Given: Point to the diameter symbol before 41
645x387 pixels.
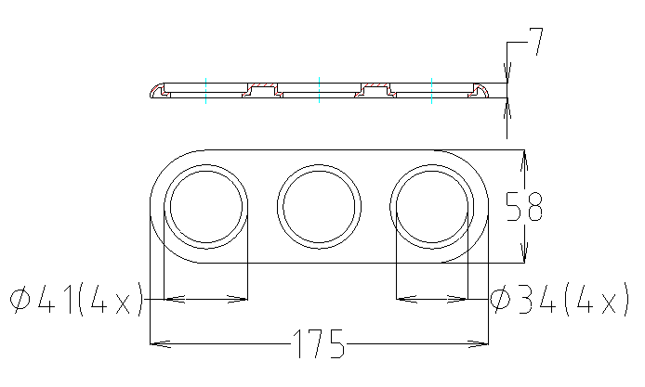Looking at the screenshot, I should (x=20, y=300).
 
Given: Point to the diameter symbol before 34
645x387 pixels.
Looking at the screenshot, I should (x=502, y=300).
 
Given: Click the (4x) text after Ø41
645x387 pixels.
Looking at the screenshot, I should (x=110, y=300).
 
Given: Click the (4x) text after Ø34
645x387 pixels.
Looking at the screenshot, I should (x=591, y=300).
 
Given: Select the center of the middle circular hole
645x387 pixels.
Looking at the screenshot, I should (x=319, y=206).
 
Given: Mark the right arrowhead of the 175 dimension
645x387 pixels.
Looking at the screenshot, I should (x=482, y=344).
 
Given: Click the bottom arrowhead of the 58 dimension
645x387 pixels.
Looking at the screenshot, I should (x=525, y=256).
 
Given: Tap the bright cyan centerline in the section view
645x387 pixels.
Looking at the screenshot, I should (x=432, y=90).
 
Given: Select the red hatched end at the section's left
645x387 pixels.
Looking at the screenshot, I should (x=155, y=91).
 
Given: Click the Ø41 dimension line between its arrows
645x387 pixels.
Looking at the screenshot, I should (x=205, y=299).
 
